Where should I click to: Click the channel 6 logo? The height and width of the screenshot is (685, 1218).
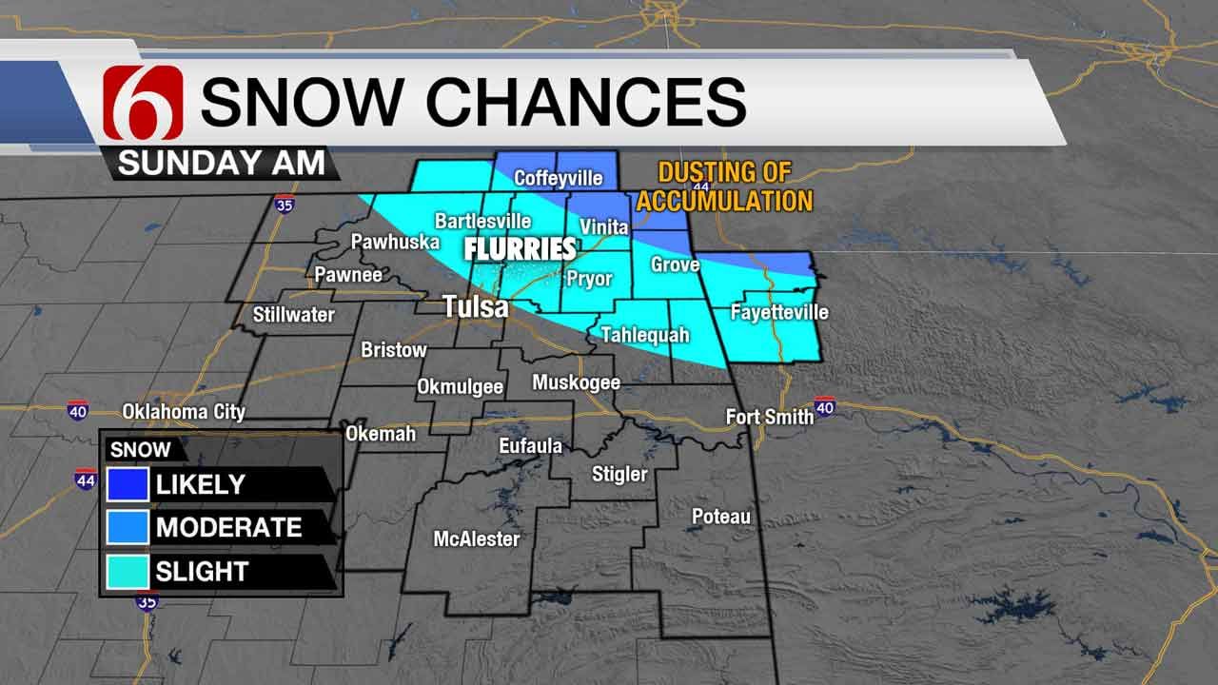(142, 103)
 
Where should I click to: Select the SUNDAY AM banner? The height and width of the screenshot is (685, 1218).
(222, 163)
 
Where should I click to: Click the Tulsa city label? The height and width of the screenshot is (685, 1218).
(476, 306)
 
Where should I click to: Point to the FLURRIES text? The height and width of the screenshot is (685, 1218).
(520, 249)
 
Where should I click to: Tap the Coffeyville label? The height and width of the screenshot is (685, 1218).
(558, 178)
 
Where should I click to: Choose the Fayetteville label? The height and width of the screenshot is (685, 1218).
(778, 312)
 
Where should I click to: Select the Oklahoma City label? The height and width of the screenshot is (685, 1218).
(184, 412)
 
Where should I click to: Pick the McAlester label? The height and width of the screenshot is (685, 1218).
(477, 538)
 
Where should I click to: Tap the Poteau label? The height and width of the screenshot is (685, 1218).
(720, 517)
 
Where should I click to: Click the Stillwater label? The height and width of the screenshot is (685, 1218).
(294, 313)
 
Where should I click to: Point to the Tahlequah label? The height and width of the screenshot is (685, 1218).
(644, 335)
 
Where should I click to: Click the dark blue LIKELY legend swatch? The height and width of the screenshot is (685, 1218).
(128, 483)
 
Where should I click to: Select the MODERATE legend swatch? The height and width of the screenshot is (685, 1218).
(128, 527)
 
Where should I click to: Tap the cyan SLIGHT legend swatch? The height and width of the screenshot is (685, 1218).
(128, 571)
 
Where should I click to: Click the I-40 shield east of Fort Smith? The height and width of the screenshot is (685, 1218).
(825, 406)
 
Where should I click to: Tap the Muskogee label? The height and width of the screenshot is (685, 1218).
(576, 382)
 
